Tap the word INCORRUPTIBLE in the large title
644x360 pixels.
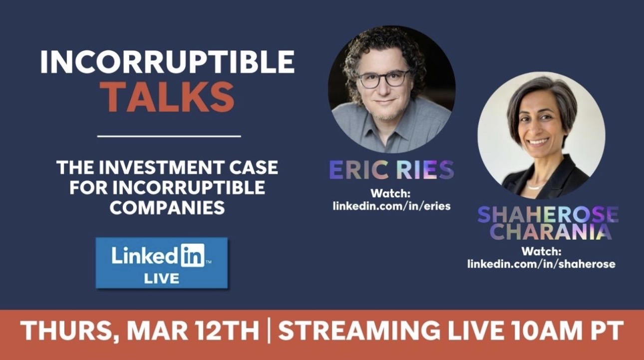coord(167,62)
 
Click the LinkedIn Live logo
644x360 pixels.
coord(161,263)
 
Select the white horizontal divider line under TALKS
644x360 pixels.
coord(169,135)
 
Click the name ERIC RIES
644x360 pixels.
coord(391,170)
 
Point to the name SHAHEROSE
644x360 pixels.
coord(548,215)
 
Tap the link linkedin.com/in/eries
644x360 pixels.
coord(391,205)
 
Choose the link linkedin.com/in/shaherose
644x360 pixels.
coord(541,263)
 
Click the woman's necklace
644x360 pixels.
coord(536,187)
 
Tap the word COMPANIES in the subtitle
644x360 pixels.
coord(167,207)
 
